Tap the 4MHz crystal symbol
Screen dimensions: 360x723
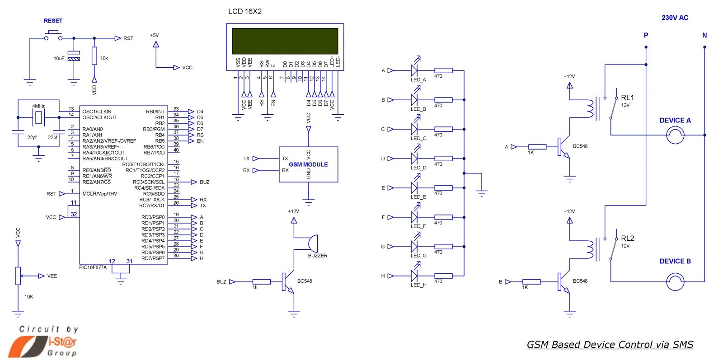[x=39, y=117]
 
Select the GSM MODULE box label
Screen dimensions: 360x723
[x=308, y=164]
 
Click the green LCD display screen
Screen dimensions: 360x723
[x=285, y=41]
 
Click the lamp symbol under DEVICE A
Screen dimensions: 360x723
[x=675, y=135]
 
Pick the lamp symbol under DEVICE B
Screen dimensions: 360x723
[x=675, y=282]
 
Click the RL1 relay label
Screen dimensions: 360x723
[x=627, y=98]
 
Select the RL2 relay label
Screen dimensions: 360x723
[x=627, y=238]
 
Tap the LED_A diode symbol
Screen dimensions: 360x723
[x=414, y=70]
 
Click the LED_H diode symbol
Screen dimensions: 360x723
[x=414, y=276]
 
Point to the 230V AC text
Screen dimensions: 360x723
[x=675, y=18]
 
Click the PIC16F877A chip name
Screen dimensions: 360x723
[x=93, y=267]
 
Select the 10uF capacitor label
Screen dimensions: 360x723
[x=59, y=58]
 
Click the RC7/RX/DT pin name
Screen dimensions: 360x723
[x=152, y=206]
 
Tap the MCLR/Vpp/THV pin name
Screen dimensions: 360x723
[x=99, y=194]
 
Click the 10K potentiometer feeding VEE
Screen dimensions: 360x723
[x=18, y=276]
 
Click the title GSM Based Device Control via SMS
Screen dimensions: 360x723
[x=610, y=345]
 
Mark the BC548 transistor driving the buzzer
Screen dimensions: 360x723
[x=287, y=282]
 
